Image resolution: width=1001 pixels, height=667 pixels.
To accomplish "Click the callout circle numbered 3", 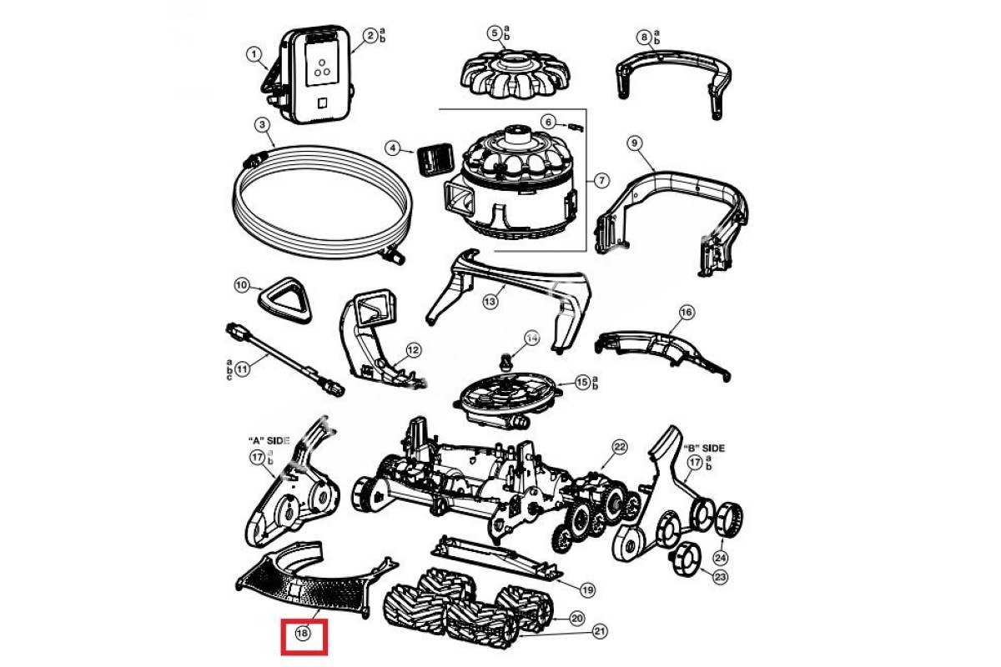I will pyautogui.click(x=262, y=125).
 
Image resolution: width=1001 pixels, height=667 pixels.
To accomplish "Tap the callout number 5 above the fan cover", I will pyautogui.click(x=495, y=33).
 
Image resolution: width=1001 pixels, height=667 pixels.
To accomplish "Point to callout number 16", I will pyautogui.click(x=686, y=312).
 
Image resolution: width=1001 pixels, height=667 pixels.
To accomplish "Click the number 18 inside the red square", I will pyautogui.click(x=302, y=634).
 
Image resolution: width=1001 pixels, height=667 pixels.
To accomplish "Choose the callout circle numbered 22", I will pyautogui.click(x=619, y=447).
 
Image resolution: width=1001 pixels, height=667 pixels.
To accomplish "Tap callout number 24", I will pyautogui.click(x=720, y=558).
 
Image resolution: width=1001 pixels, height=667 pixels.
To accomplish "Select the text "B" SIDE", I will pyautogui.click(x=704, y=449).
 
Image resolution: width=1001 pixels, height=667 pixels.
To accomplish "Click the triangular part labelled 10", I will pyautogui.click(x=284, y=300).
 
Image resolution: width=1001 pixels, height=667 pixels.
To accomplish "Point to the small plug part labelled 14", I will pyautogui.click(x=506, y=361).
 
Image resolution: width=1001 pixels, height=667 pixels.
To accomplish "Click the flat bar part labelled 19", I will pyautogui.click(x=500, y=558).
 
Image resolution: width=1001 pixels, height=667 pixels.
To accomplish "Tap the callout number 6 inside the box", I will pyautogui.click(x=547, y=122).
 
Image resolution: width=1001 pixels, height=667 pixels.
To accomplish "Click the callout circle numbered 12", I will pyautogui.click(x=414, y=350).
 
